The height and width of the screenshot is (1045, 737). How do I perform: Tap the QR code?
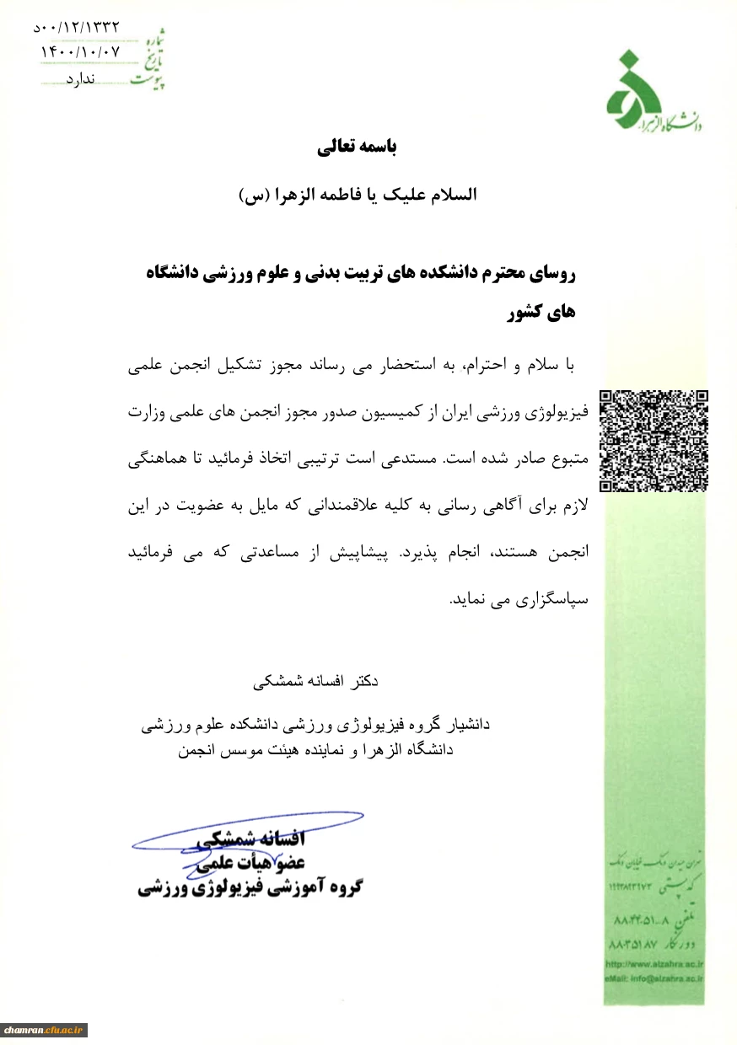pos(654,441)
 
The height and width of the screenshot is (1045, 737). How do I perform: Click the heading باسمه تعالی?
pos(357,147)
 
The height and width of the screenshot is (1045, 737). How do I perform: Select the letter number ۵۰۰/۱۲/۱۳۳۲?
pos(77,28)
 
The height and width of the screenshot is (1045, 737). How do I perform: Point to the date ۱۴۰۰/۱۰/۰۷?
pos(81,51)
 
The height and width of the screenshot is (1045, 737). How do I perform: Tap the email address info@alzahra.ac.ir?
pos(654,978)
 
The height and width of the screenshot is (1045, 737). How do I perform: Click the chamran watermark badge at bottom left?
pos(45,1030)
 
